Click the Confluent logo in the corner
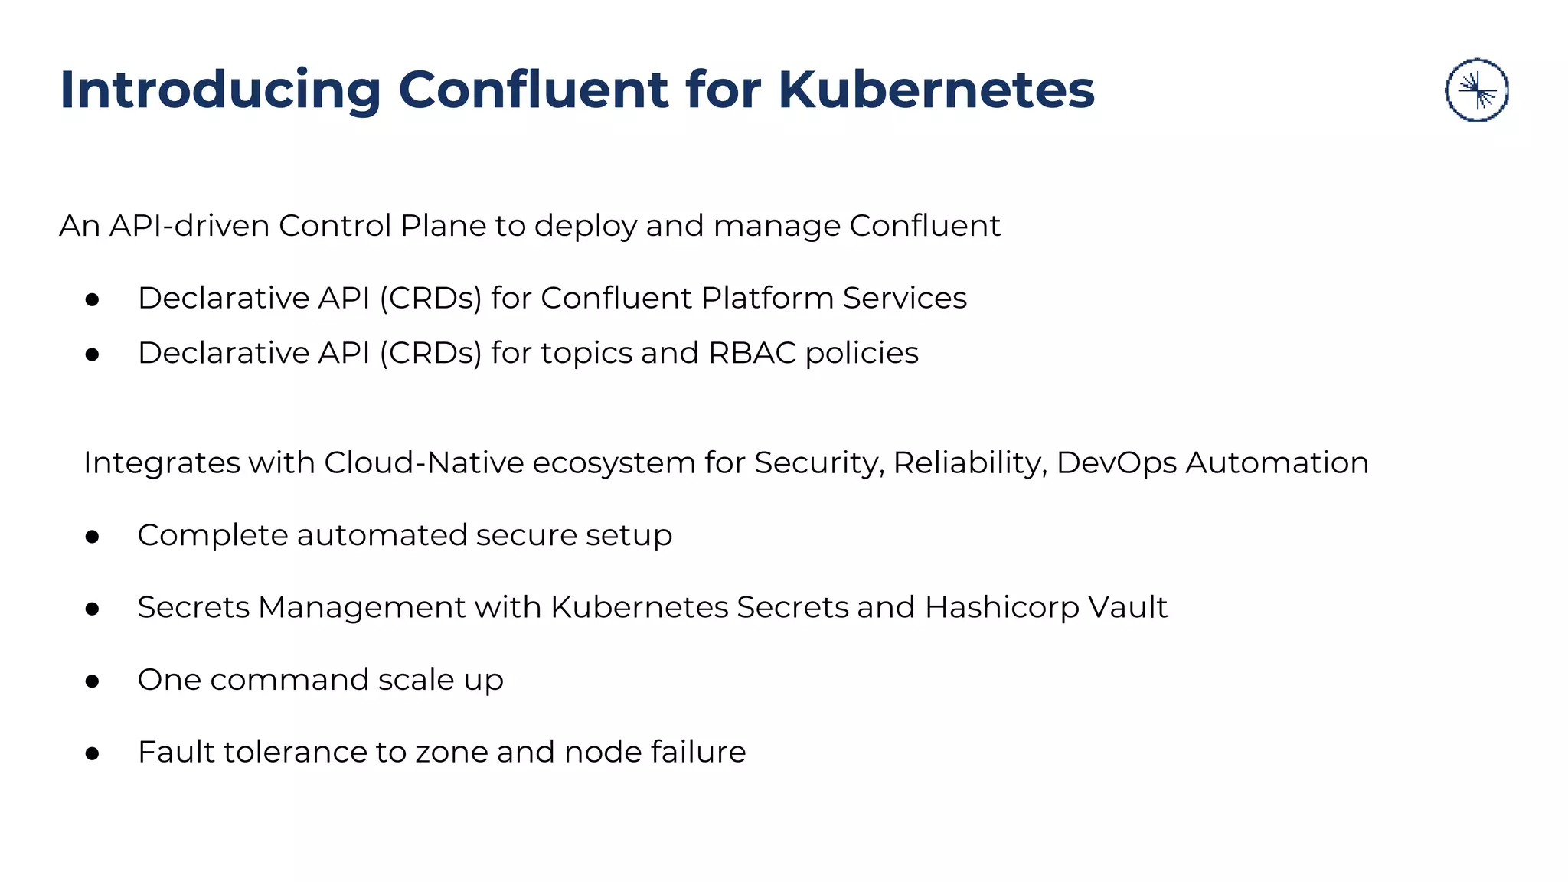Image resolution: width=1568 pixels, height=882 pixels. tap(1476, 90)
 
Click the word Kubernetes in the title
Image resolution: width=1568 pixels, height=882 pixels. tap(936, 90)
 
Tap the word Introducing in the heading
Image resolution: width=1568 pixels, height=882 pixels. tap(220, 90)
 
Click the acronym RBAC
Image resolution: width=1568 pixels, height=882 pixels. tap(752, 353)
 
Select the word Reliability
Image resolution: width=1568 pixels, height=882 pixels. tap(970, 462)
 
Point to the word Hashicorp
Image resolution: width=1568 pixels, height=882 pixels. tap(1001, 607)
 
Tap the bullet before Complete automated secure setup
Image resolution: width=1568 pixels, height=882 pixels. tap(93, 537)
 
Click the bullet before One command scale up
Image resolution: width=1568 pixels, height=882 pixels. tap(93, 681)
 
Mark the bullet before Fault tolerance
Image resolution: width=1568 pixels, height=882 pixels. tap(93, 753)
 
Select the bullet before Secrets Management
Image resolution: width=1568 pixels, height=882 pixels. tap(93, 609)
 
